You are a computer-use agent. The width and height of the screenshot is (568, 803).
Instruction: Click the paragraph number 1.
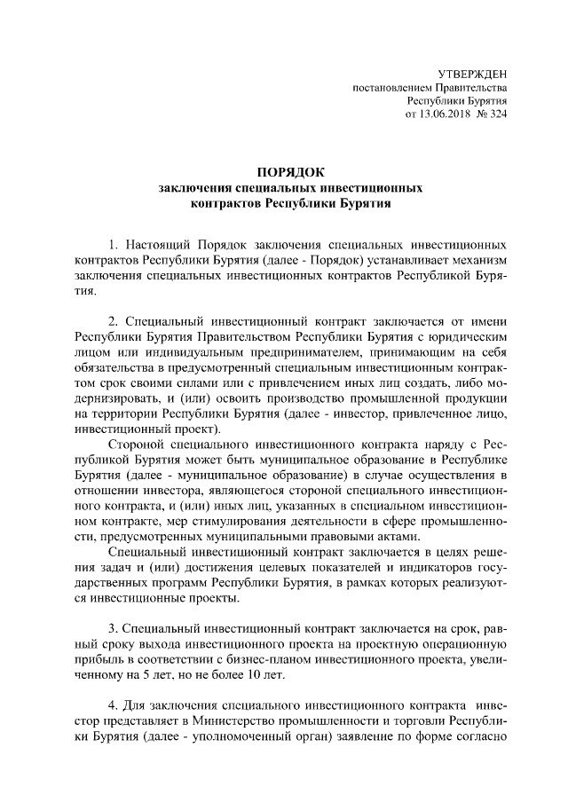point(112,243)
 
